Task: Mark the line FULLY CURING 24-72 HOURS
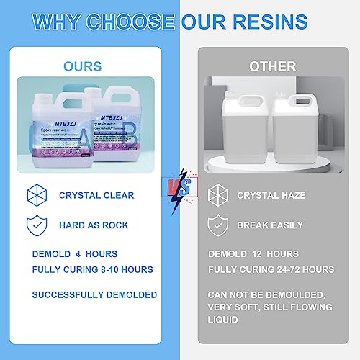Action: point(271,270)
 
